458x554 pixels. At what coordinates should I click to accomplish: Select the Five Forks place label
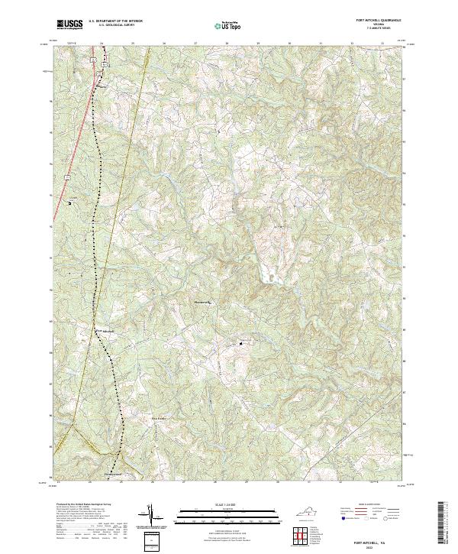[x=158, y=419]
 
